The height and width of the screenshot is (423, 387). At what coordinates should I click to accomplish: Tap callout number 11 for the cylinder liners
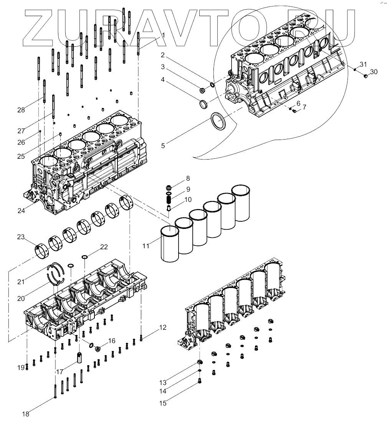(x=146, y=245)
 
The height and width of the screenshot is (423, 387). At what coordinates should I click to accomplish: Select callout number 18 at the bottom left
(x=25, y=414)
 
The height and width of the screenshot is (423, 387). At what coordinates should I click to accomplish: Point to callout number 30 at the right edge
(x=374, y=72)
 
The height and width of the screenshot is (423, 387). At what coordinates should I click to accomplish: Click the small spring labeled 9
(x=168, y=199)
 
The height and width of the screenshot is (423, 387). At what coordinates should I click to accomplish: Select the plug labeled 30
(x=365, y=76)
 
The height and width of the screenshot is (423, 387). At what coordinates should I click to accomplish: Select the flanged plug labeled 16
(x=98, y=348)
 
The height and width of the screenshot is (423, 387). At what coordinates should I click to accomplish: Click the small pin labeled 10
(x=168, y=208)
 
